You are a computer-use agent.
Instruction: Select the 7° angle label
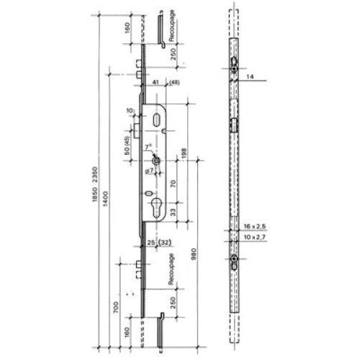point(148,145)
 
